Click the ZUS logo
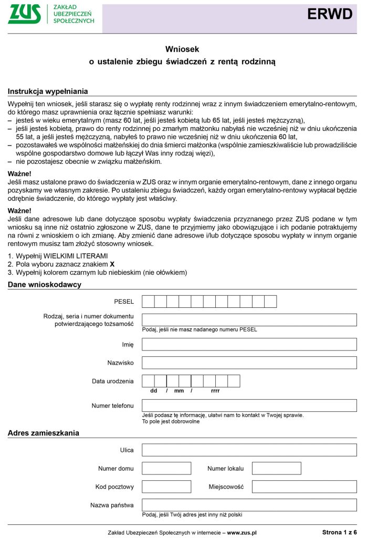[25, 14]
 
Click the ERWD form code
[330, 15]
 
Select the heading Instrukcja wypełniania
[48, 91]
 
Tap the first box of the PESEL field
[148, 302]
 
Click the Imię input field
[249, 345]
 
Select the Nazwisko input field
[249, 363]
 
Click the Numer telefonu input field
[249, 406]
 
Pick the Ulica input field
[249, 450]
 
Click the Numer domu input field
[166, 468]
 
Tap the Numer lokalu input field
[276, 468]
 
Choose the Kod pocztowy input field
[166, 487]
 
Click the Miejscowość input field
[304, 487]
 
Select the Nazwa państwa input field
[249, 505]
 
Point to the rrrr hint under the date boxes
[215, 391]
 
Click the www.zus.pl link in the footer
[241, 532]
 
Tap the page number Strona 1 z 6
[339, 532]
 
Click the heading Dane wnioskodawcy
[45, 284]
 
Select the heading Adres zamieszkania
[44, 433]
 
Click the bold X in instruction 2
[112, 264]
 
